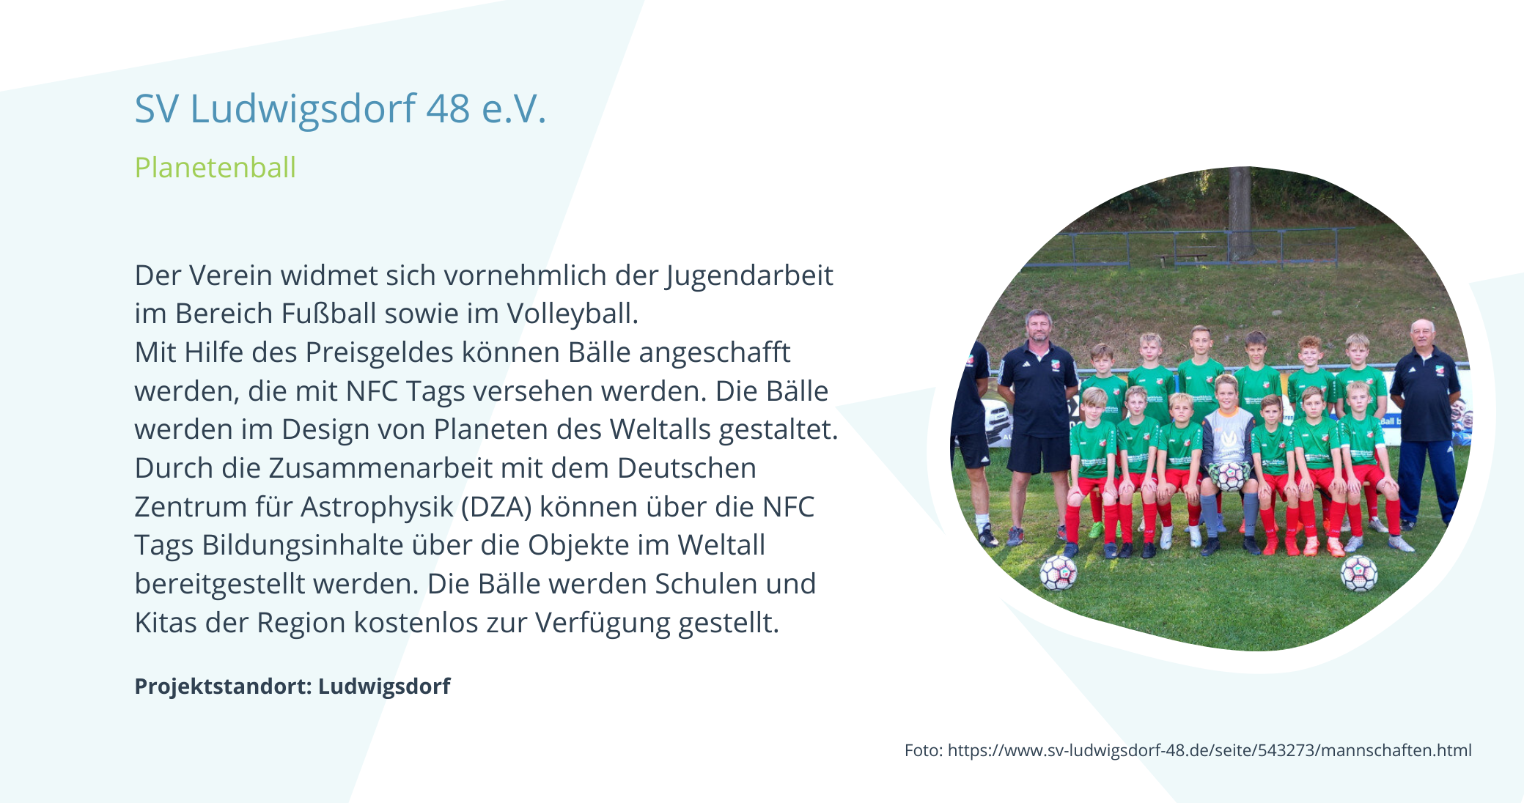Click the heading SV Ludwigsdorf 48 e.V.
click(341, 108)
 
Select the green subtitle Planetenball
click(216, 168)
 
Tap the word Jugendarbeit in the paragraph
click(750, 277)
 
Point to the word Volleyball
click(573, 314)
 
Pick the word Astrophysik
click(378, 507)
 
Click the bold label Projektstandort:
click(224, 687)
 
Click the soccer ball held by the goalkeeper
click(1229, 476)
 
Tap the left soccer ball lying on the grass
click(1058, 572)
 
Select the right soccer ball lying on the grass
click(1358, 574)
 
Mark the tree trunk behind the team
click(1240, 212)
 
